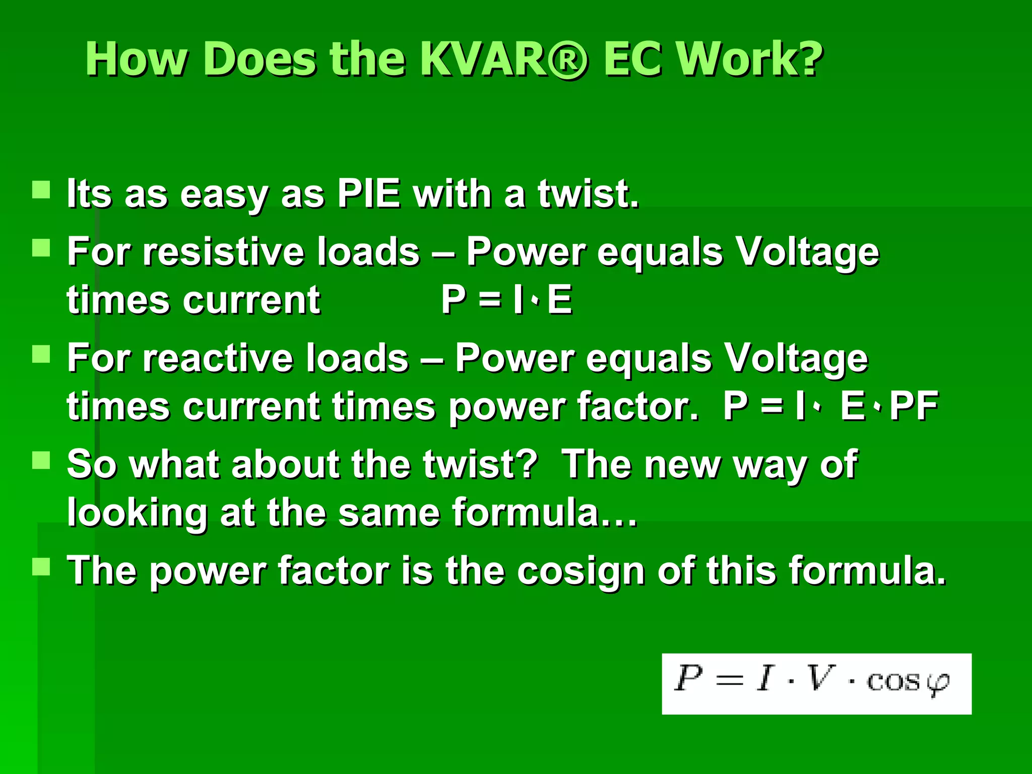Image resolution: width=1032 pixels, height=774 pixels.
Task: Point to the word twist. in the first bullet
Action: click(x=588, y=193)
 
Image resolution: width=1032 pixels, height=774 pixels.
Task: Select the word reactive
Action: click(x=218, y=358)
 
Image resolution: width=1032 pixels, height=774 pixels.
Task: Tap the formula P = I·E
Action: click(x=506, y=299)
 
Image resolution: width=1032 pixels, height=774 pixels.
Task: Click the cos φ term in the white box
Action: click(x=907, y=681)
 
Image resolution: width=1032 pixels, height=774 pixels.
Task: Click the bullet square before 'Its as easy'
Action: click(x=41, y=190)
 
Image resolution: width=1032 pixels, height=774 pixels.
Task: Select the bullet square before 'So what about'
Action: click(x=41, y=460)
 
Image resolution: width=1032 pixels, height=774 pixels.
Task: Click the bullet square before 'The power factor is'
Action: click(x=41, y=566)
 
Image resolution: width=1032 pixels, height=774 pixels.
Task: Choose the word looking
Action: click(x=137, y=513)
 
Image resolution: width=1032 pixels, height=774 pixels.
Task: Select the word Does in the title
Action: click(x=260, y=59)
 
